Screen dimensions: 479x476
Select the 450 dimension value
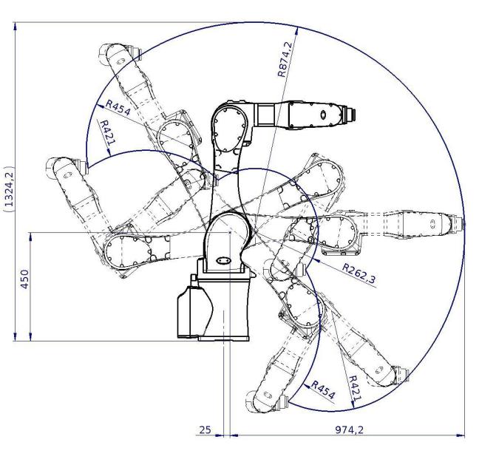click(x=24, y=279)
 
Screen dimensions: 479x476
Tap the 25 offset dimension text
click(x=205, y=429)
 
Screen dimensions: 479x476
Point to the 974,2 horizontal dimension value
click(x=349, y=429)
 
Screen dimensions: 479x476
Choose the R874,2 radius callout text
click(x=285, y=59)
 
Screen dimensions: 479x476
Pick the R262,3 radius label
click(x=359, y=273)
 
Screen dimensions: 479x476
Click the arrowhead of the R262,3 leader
click(x=316, y=261)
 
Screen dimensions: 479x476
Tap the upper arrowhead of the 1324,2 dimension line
click(x=15, y=27)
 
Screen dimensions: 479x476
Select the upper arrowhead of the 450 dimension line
click(x=30, y=237)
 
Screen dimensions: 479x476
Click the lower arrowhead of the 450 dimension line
click(x=30, y=336)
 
